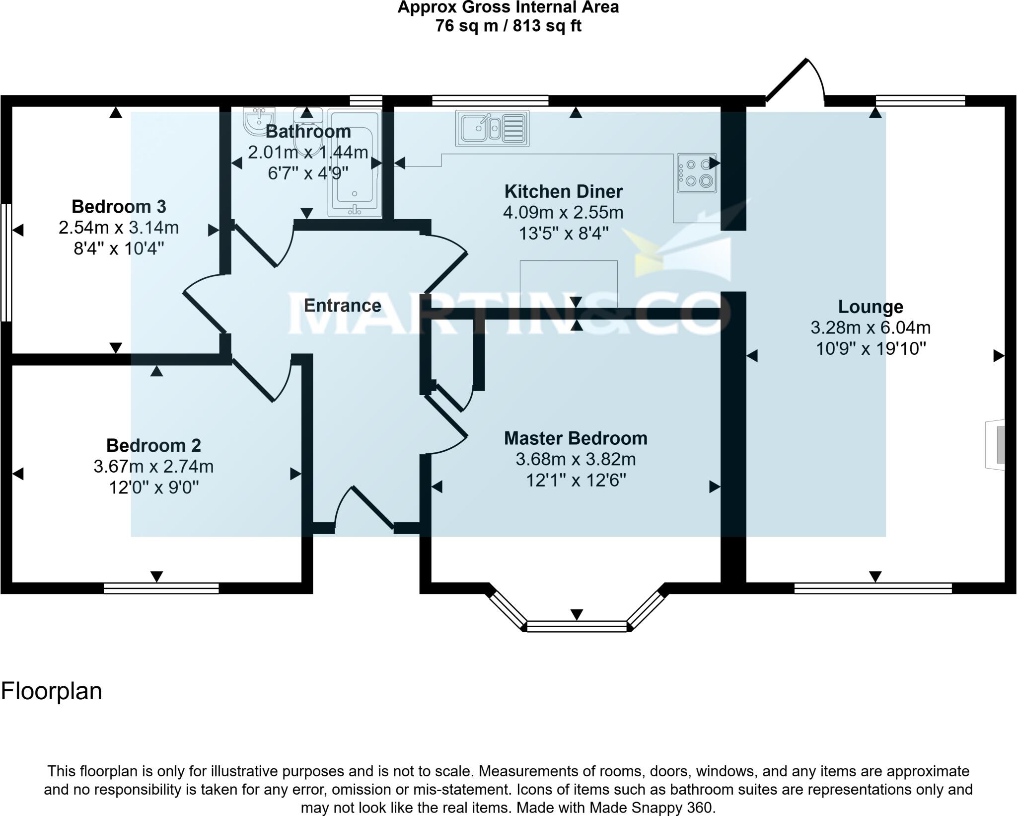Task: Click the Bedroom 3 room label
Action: pyautogui.click(x=119, y=206)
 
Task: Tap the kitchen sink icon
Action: pyautogui.click(x=492, y=128)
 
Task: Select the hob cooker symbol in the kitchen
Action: pyautogui.click(x=697, y=172)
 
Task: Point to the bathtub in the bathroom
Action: pyautogui.click(x=355, y=164)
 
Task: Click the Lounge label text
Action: pyautogui.click(x=870, y=307)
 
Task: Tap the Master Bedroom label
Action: pyautogui.click(x=576, y=438)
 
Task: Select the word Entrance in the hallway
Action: pyautogui.click(x=342, y=305)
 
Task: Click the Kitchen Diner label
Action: pyautogui.click(x=563, y=191)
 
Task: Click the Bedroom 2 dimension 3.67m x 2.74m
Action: pyautogui.click(x=153, y=467)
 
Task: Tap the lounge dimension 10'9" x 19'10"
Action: pyautogui.click(x=871, y=349)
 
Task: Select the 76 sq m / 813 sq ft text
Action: pyautogui.click(x=508, y=26)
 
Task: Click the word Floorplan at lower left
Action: pyautogui.click(x=52, y=691)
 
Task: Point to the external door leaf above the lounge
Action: pyautogui.click(x=787, y=80)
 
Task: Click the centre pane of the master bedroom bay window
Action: pyautogui.click(x=577, y=626)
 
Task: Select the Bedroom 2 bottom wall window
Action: pyautogui.click(x=161, y=588)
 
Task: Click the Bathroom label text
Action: pyautogui.click(x=308, y=132)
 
